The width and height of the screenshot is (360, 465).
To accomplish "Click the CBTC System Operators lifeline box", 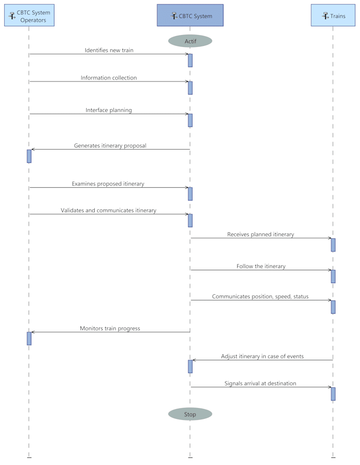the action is [x=29, y=15].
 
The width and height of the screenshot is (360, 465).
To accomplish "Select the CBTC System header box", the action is [x=190, y=15].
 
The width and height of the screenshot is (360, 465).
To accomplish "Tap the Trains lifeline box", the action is [x=333, y=15].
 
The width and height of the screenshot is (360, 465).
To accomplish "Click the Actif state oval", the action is [x=190, y=41].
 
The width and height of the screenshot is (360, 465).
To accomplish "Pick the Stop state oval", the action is [x=190, y=414].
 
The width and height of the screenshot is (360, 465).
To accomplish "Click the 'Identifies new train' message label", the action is [x=109, y=50].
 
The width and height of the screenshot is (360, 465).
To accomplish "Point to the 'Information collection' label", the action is [x=109, y=78].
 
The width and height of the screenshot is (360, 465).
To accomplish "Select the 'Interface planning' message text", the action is [x=109, y=110].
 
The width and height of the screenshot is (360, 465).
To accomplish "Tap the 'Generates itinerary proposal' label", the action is [x=110, y=145].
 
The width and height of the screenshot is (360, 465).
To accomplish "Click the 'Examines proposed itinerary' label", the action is [x=108, y=184].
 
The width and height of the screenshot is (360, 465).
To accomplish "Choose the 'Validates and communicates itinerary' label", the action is [x=109, y=210].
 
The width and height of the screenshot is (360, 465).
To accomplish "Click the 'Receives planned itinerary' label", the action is [x=260, y=234].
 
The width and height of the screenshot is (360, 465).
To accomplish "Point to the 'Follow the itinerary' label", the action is [x=261, y=266].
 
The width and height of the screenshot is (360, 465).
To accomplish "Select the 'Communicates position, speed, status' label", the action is [x=260, y=297].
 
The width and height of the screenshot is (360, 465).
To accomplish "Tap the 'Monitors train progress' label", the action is [x=110, y=329].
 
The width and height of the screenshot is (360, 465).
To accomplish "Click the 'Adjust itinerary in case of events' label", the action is [x=263, y=356].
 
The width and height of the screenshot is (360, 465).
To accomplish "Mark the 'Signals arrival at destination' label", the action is [x=260, y=384].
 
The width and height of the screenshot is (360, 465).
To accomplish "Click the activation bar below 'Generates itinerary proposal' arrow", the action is [x=29, y=156].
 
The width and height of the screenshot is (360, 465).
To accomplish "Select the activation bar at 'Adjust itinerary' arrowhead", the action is [x=190, y=367].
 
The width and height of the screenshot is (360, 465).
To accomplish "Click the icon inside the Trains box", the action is [x=325, y=16].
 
